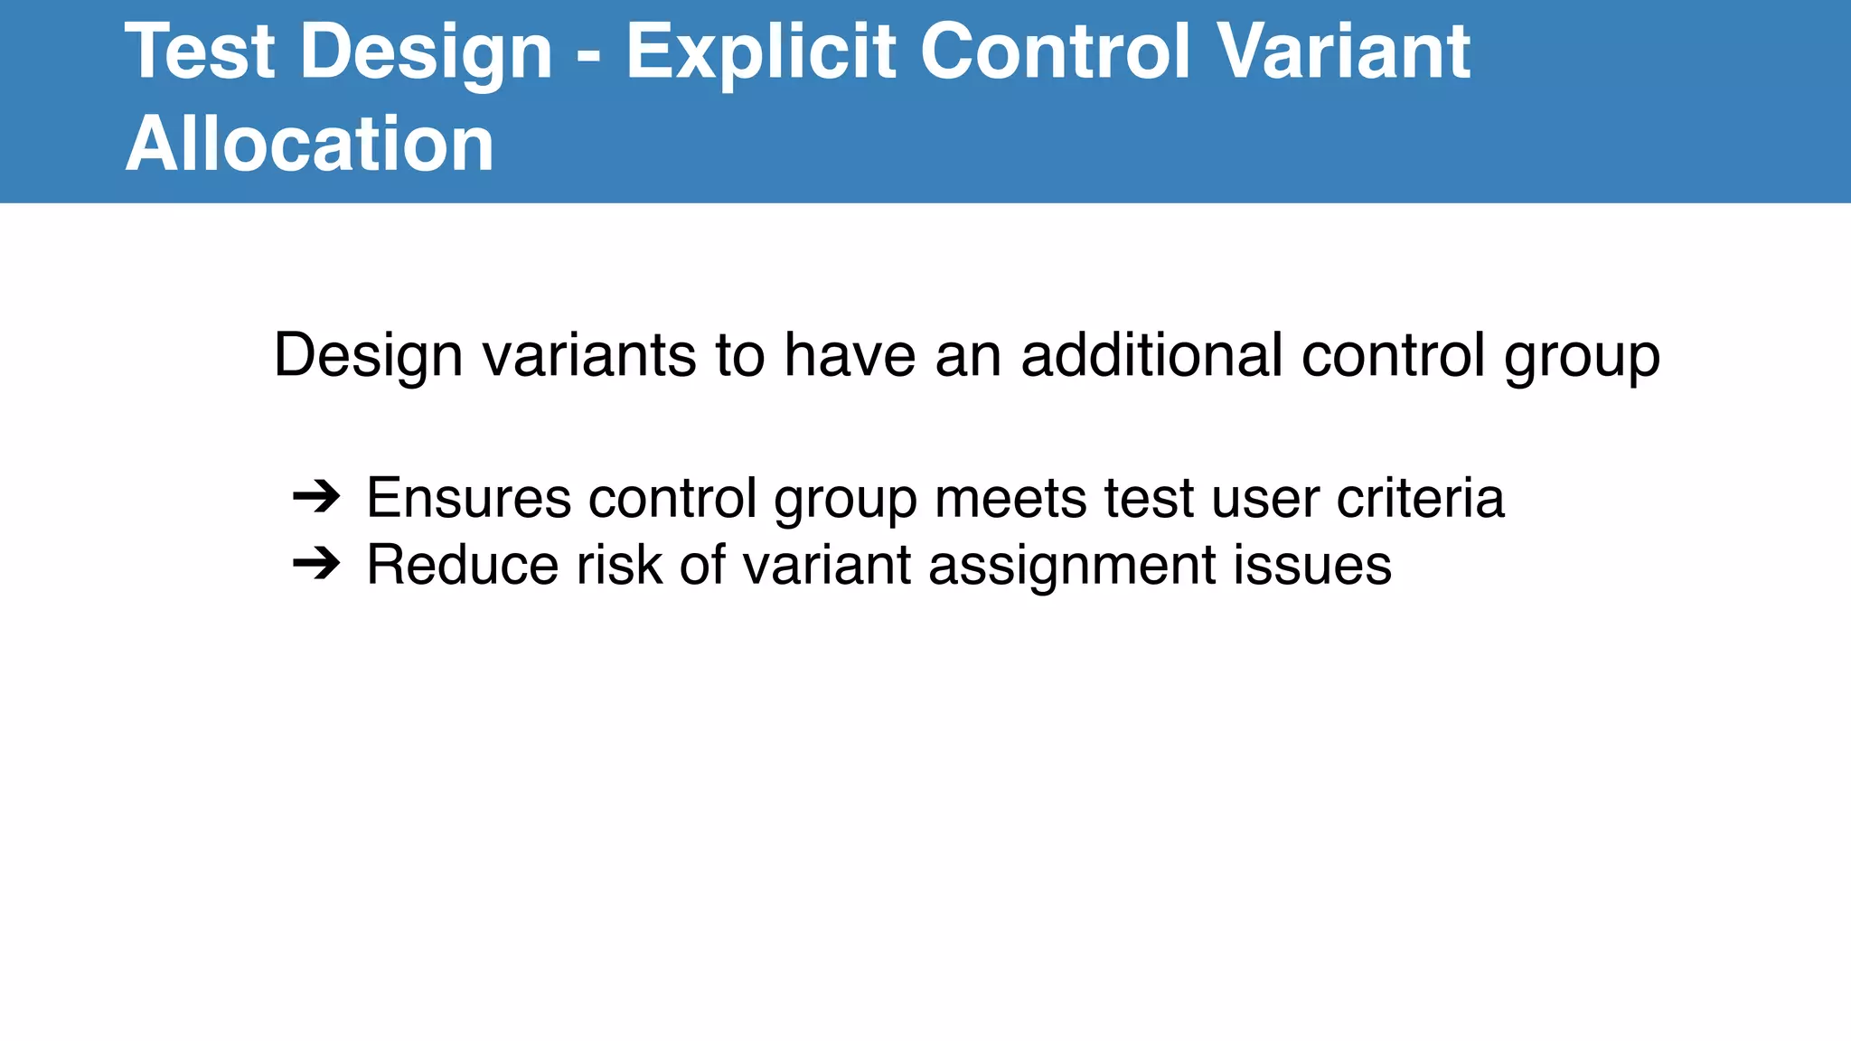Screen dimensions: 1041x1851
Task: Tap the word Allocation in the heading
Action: coord(310,145)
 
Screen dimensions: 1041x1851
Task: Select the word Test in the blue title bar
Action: coord(200,52)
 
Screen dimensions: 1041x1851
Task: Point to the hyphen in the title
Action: coord(587,56)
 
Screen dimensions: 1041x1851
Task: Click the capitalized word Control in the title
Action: coord(1057,52)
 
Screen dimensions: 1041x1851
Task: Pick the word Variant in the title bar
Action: coord(1344,52)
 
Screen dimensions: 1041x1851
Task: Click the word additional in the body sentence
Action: coord(1151,354)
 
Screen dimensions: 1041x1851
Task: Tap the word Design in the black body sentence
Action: coord(367,356)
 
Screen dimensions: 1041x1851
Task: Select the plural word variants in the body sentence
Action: coord(589,354)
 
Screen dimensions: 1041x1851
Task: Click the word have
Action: coord(849,354)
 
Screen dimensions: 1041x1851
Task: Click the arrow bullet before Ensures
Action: coord(316,497)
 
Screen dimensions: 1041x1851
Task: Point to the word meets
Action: coord(1010,497)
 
